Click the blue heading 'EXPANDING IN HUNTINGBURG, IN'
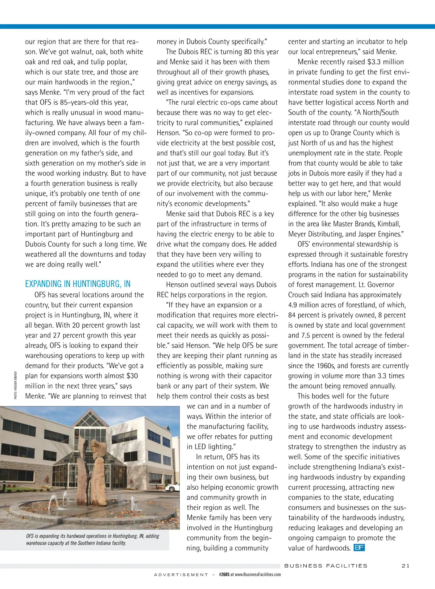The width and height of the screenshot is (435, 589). (78, 284)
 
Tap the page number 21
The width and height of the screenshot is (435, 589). (406, 566)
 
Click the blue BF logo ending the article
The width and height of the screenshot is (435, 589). (359, 548)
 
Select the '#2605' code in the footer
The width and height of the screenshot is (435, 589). (224, 575)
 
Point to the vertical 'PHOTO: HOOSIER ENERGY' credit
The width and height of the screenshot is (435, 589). (16, 385)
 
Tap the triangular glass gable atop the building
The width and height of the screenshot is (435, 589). (90, 420)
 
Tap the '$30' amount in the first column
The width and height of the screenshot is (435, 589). (132, 376)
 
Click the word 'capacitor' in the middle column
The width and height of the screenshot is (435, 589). (256, 376)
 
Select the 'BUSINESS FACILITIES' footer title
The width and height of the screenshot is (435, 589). (326, 566)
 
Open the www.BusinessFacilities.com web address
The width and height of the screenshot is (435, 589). (258, 575)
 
